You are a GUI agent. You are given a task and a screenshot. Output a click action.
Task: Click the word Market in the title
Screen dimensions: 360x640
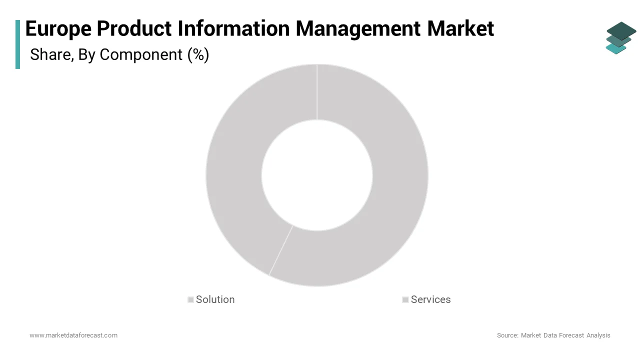click(x=460, y=28)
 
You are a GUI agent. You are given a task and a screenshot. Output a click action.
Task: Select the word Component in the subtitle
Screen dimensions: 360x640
click(x=141, y=54)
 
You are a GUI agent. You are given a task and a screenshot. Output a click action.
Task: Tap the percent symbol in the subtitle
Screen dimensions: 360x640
click(x=198, y=54)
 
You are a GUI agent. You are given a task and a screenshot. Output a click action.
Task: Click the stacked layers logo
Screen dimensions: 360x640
click(x=621, y=37)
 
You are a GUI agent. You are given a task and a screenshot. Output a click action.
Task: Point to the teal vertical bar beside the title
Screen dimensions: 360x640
click(x=18, y=44)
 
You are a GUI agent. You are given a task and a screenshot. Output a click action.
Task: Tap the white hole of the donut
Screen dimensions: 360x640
click(x=317, y=175)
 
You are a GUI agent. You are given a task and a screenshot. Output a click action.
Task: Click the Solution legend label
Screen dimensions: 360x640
click(x=215, y=299)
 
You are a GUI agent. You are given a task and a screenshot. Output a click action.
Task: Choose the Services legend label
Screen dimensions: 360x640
click(x=430, y=299)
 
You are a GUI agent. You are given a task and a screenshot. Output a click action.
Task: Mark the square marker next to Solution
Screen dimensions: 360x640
click(x=190, y=300)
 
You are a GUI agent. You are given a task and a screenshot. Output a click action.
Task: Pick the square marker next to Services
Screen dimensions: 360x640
click(x=405, y=300)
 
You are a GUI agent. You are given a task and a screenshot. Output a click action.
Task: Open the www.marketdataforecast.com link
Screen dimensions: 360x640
click(x=73, y=335)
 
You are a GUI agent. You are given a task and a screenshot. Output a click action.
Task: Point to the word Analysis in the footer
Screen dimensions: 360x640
click(x=598, y=335)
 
